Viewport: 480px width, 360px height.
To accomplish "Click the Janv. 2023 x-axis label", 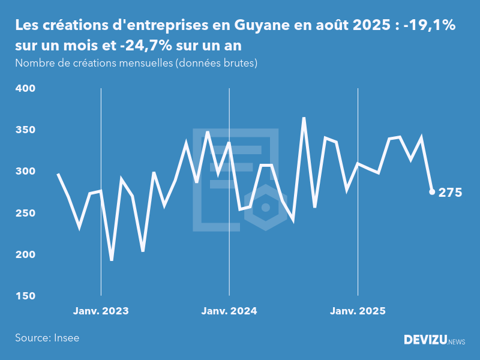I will pos(101,311).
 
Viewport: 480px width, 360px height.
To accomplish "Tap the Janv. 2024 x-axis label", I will pos(229,311).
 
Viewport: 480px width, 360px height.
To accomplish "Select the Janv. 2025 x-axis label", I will pos(358,311).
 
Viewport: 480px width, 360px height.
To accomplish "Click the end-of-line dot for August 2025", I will pos(432,192).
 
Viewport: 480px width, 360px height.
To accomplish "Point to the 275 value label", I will pos(451,193).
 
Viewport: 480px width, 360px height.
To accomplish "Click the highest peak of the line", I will pos(304,118).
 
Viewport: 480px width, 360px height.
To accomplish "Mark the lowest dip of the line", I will pos(112,260).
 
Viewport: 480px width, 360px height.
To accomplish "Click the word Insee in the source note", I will pos(66,338).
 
